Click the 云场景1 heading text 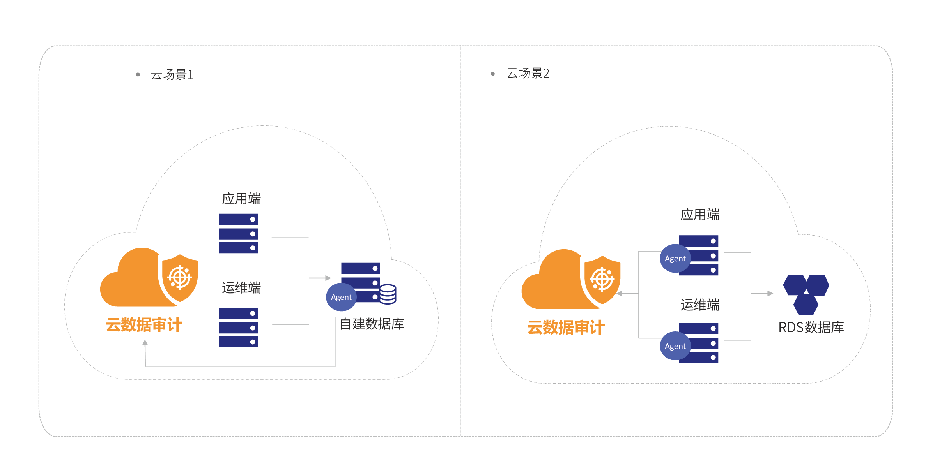[172, 74]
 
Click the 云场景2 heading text [528, 73]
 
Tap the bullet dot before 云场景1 [138, 74]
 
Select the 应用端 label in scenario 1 [241, 199]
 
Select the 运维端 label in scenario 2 [700, 305]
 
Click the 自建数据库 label [372, 324]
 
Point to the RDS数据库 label [811, 328]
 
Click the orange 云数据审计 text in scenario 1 [144, 325]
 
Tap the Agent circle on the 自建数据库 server [341, 297]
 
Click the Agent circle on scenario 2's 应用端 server [675, 259]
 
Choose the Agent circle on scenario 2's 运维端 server [675, 346]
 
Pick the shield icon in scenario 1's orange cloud [180, 277]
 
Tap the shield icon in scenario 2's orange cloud [602, 279]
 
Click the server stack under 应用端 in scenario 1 [238, 234]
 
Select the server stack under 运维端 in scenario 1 [238, 328]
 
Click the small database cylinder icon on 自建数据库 [388, 294]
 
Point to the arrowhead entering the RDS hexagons [770, 293]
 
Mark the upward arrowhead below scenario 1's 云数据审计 [145, 342]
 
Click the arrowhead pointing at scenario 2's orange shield [620, 293]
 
